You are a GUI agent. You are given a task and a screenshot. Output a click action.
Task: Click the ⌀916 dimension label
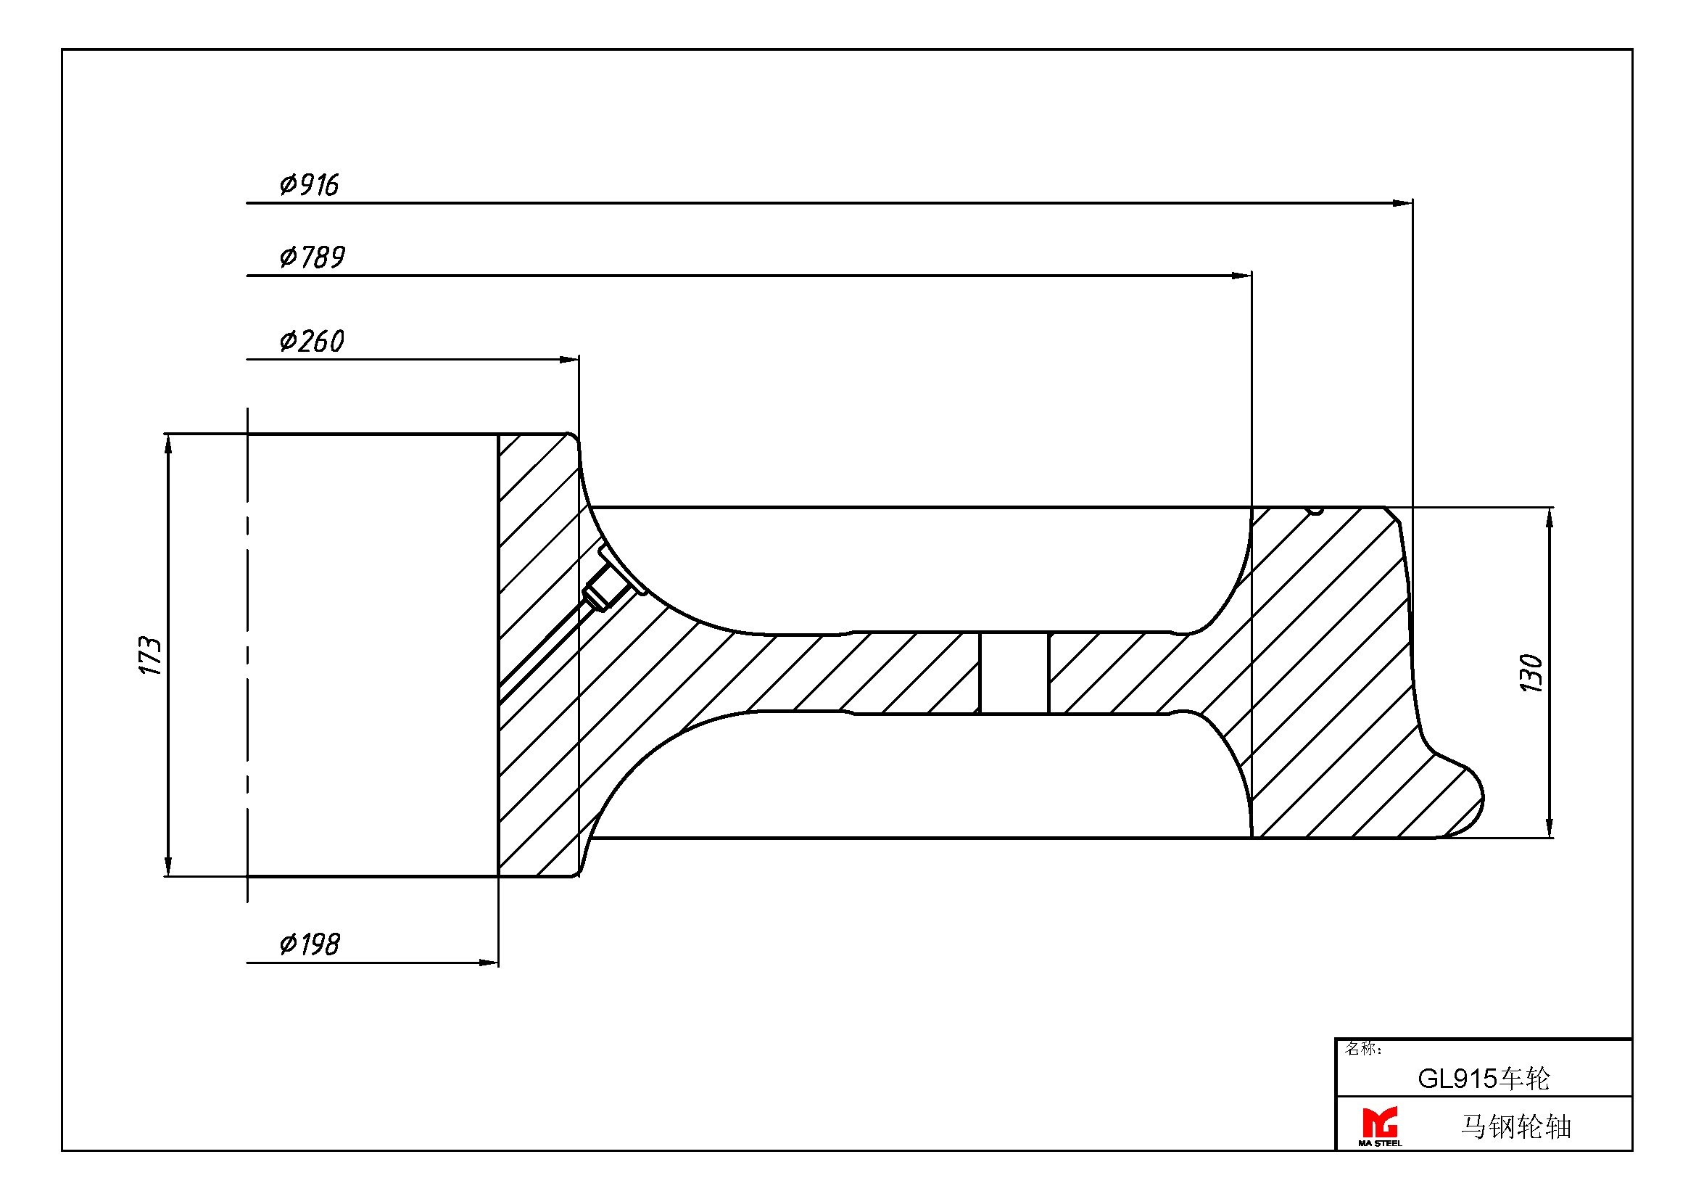(x=309, y=185)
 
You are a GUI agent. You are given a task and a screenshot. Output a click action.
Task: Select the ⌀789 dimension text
(x=312, y=257)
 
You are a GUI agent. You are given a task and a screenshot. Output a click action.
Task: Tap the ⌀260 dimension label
(x=312, y=342)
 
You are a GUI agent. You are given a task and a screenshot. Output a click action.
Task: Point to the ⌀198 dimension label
(x=310, y=944)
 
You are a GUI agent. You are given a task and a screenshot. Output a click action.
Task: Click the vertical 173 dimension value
(x=150, y=654)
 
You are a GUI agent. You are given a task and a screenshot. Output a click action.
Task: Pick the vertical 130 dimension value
(x=1531, y=673)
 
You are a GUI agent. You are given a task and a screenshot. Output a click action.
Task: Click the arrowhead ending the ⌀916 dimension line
(x=1402, y=203)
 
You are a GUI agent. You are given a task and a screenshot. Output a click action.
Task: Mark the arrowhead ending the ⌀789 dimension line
(x=1241, y=276)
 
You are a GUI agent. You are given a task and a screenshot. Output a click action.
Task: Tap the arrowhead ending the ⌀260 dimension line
(x=568, y=360)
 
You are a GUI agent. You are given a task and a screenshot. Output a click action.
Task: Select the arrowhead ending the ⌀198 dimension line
(x=488, y=963)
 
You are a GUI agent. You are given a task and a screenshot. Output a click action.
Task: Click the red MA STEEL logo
(x=1379, y=1126)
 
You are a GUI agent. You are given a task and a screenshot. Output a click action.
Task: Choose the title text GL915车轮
(x=1484, y=1079)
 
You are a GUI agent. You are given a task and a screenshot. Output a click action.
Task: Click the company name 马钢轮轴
(x=1515, y=1126)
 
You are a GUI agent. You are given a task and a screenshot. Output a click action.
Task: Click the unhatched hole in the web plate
(x=1014, y=673)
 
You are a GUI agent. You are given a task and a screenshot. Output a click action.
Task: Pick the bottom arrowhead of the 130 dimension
(x=1550, y=828)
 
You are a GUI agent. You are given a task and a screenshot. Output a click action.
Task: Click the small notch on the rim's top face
(x=1315, y=511)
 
